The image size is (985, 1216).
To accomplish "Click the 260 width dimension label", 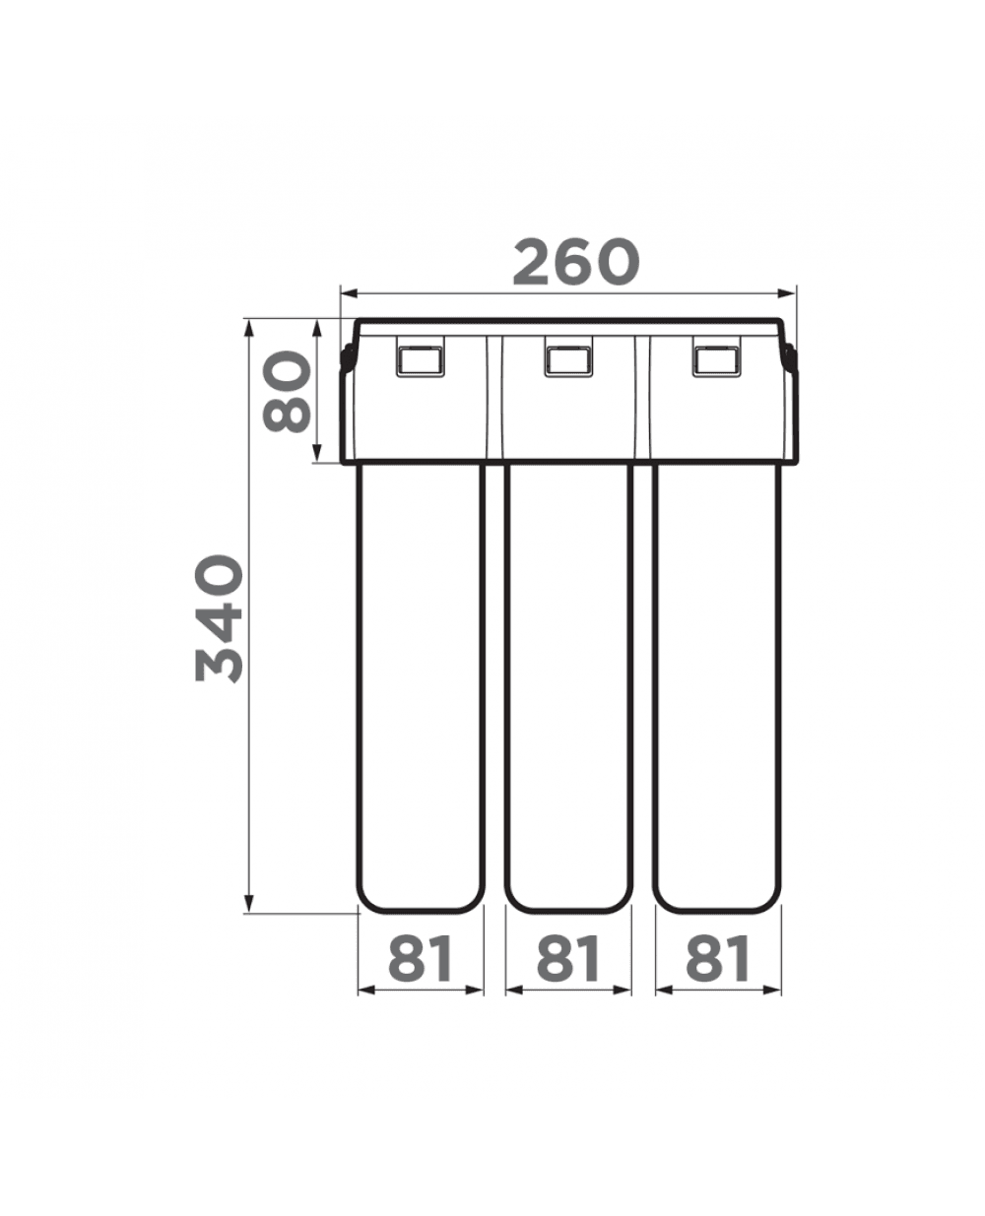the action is (x=575, y=263).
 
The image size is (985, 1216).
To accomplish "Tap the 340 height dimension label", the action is (x=220, y=619).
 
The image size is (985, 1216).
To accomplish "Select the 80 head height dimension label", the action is (x=287, y=392).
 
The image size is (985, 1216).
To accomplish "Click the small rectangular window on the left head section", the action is (x=421, y=361).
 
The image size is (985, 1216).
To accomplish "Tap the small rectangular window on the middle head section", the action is (x=568, y=361).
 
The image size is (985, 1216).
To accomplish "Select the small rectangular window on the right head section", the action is (x=717, y=361).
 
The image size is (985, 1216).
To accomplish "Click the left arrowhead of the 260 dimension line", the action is (x=349, y=293).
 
